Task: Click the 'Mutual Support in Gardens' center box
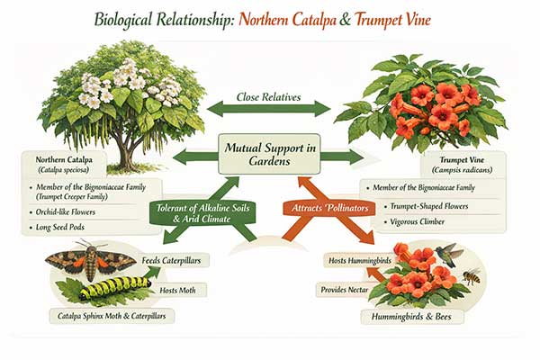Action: (x=269, y=154)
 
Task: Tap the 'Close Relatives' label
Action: (x=269, y=95)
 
